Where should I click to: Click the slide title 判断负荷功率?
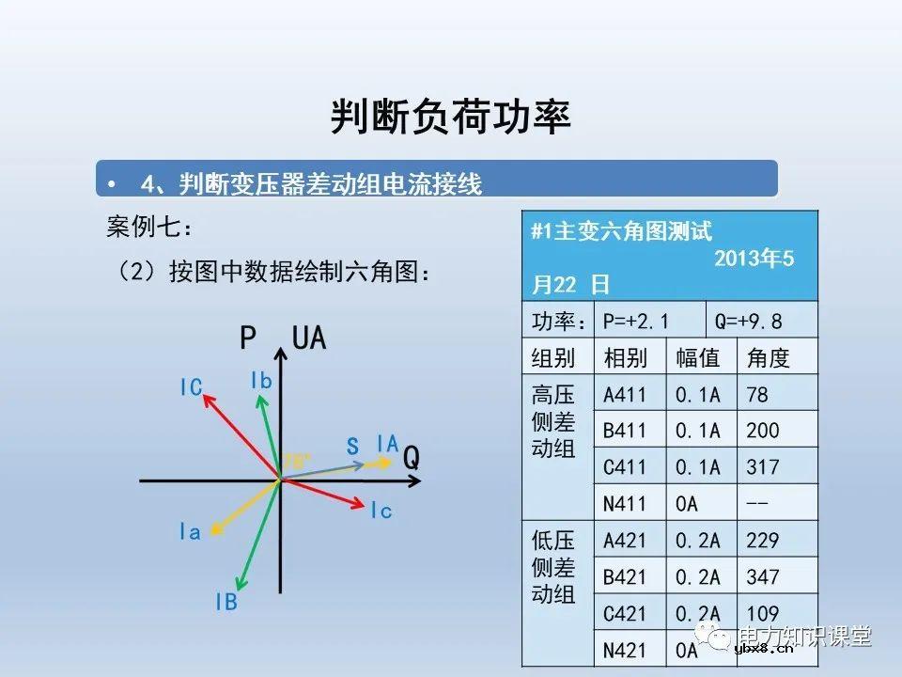point(451,118)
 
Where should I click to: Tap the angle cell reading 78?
point(757,395)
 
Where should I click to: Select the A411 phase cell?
point(625,395)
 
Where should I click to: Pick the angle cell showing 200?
point(763,432)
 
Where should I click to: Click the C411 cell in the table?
point(625,468)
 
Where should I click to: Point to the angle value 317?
point(763,468)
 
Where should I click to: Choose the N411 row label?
point(625,505)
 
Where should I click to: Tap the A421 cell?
point(625,542)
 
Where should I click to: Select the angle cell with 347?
point(763,577)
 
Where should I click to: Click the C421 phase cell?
point(625,614)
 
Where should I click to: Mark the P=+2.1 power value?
point(636,322)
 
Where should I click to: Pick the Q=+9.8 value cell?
point(749,322)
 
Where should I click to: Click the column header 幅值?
point(698,358)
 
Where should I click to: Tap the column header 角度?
point(768,358)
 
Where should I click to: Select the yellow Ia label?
point(190,533)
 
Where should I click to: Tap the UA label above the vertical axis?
point(309,338)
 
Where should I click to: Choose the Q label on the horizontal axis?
point(412,459)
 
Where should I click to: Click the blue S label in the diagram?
point(353,447)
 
